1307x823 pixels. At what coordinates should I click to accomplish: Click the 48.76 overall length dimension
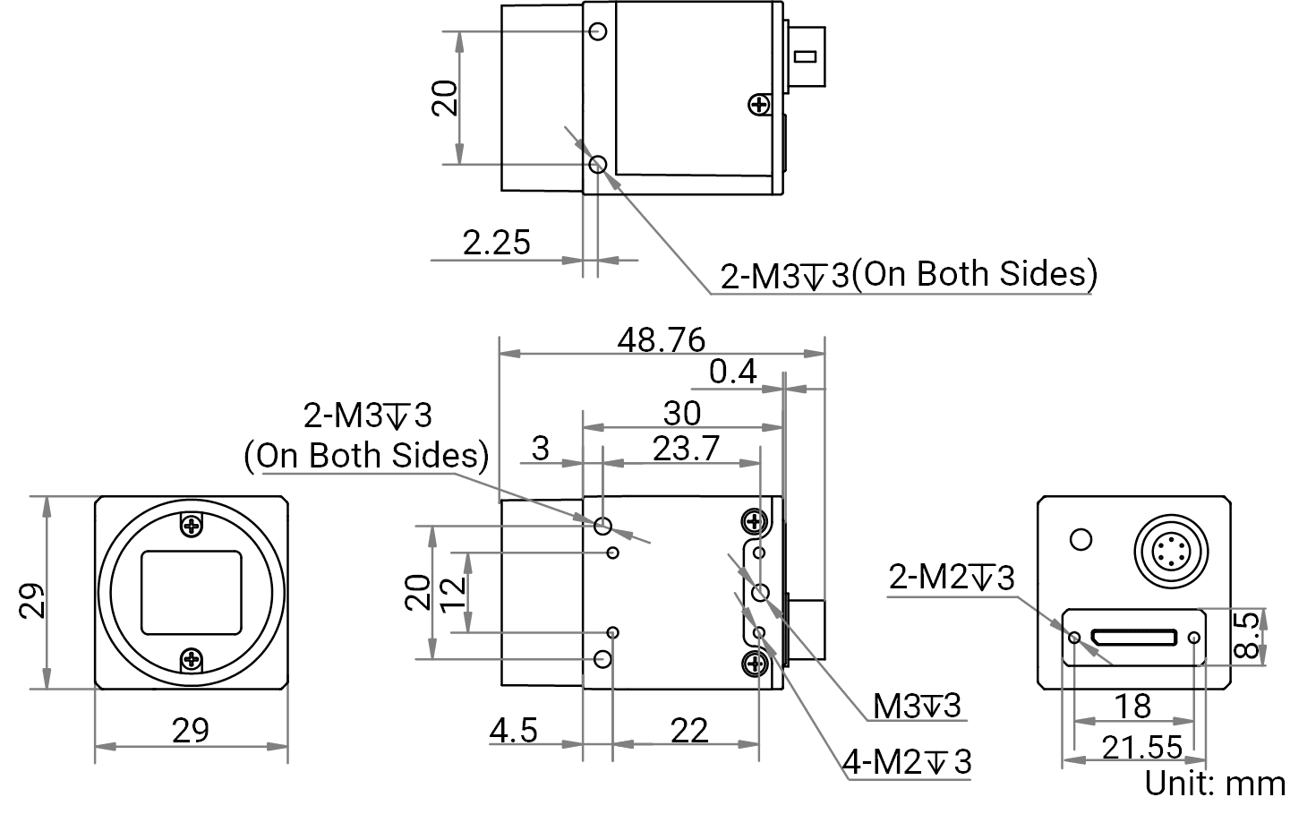pyautogui.click(x=661, y=340)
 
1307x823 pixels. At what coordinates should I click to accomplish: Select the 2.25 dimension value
pyautogui.click(x=497, y=243)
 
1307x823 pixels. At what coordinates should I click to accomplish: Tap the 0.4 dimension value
pyautogui.click(x=733, y=372)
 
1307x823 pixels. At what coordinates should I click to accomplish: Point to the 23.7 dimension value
pyautogui.click(x=686, y=449)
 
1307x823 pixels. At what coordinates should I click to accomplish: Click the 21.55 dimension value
pyautogui.click(x=1142, y=748)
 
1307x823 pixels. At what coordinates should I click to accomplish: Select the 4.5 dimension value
pyautogui.click(x=514, y=731)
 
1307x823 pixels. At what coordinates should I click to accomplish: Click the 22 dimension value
pyautogui.click(x=689, y=731)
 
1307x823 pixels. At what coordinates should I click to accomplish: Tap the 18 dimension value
pyautogui.click(x=1133, y=707)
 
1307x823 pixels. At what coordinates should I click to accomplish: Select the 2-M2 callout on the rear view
pyautogui.click(x=952, y=578)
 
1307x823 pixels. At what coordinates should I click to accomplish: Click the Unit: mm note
pyautogui.click(x=1215, y=784)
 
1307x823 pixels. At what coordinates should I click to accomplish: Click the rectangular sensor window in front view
pyautogui.click(x=192, y=593)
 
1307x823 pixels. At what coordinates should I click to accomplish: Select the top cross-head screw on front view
pyautogui.click(x=192, y=526)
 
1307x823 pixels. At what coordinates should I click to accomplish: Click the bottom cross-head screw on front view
pyautogui.click(x=192, y=660)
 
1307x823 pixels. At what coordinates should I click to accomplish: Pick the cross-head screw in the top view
pyautogui.click(x=759, y=105)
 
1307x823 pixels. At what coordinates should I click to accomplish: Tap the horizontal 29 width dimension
pyautogui.click(x=190, y=731)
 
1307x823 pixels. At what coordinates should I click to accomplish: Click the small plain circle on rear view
pyautogui.click(x=1081, y=540)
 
